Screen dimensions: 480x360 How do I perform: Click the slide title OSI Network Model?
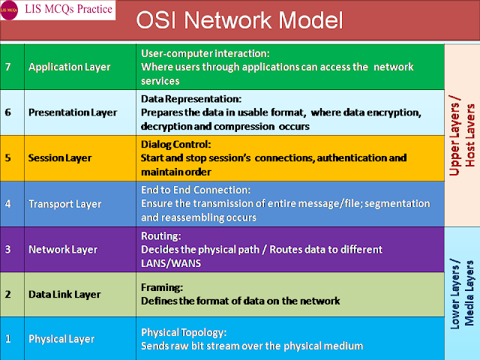click(239, 20)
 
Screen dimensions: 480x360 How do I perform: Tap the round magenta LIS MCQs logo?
click(9, 10)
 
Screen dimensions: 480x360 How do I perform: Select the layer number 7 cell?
click(12, 67)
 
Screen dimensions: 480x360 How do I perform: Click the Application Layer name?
click(70, 67)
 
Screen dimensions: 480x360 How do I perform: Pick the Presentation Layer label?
click(73, 112)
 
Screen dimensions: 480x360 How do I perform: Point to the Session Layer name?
click(60, 158)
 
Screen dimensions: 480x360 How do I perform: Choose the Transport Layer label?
click(65, 204)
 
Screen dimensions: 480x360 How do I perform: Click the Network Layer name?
click(63, 250)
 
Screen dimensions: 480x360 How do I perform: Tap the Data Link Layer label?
click(64, 295)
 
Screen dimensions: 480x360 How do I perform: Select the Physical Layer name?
click(61, 339)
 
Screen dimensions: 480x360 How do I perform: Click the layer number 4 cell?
click(12, 204)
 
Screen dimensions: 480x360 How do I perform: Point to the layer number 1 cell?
click(12, 338)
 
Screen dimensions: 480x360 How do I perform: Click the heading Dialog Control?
click(176, 144)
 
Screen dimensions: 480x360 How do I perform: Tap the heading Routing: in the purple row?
click(161, 235)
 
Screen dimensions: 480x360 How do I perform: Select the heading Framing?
click(162, 287)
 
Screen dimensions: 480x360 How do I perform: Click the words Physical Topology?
click(184, 332)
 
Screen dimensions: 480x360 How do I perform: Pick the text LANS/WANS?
click(171, 263)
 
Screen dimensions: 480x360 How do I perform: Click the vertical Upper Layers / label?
click(455, 135)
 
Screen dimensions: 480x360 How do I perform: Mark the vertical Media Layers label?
click(469, 293)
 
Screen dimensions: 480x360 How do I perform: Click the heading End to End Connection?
click(196, 190)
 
